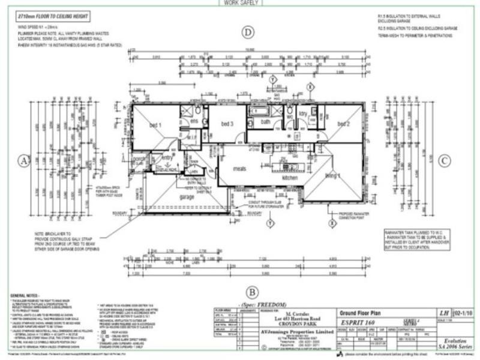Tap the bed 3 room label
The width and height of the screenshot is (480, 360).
pyautogui.click(x=227, y=124)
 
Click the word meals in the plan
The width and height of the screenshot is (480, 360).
pyautogui.click(x=241, y=169)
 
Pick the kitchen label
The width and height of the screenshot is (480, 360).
pyautogui.click(x=290, y=179)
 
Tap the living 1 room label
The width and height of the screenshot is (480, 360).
pyautogui.click(x=332, y=176)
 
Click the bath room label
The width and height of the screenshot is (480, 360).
pyautogui.click(x=265, y=121)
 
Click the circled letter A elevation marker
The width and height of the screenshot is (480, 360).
pyautogui.click(x=24, y=160)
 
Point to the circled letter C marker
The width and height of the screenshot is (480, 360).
pyautogui.click(x=444, y=160)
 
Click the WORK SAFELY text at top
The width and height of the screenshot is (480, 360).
pyautogui.click(x=240, y=2)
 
